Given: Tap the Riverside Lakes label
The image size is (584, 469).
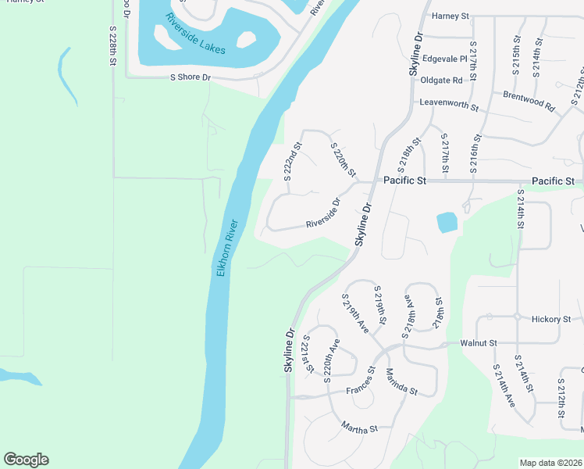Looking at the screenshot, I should pos(195,35).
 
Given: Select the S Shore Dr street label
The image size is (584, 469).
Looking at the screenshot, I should pos(191,77).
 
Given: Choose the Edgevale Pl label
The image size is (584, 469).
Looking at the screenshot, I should pos(443,59).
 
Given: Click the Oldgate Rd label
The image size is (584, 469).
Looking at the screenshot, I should pos(441,81).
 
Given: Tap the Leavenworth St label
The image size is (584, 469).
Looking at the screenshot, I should pos(448,102).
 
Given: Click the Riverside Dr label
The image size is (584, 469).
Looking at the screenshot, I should pos(324,213).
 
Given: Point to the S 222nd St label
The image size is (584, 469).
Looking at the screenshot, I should pos(292,162).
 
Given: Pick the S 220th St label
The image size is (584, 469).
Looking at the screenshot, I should pos(344,159).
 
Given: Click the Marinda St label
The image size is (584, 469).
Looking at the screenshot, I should pos(401,381).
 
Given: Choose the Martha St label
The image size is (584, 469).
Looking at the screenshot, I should pos(359,428).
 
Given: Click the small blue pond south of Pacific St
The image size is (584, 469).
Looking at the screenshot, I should pos(447,222).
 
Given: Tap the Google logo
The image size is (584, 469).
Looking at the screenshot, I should pos(26,460).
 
